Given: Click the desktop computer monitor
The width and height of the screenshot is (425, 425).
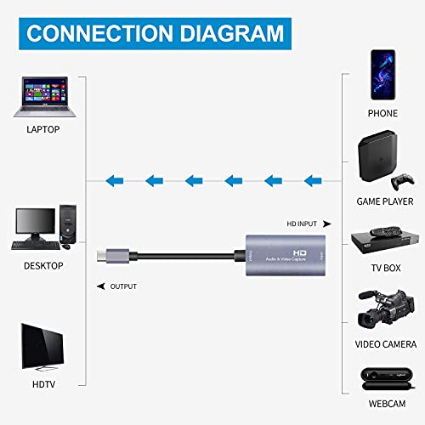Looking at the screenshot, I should click(36, 224).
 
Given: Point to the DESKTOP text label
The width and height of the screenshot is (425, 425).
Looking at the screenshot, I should click(42, 265).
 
